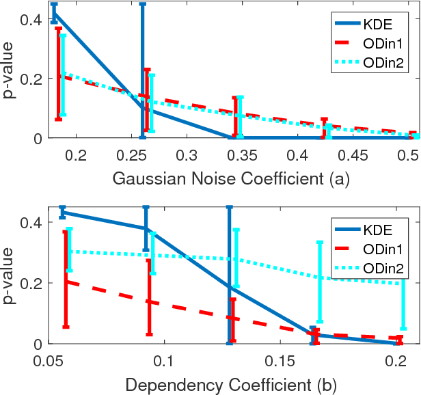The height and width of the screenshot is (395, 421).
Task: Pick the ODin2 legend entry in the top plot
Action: point(381,63)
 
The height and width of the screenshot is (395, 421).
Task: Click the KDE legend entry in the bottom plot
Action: point(377,229)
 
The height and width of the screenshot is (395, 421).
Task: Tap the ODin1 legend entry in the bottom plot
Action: point(381,249)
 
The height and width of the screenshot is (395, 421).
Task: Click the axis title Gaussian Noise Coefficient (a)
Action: point(232,180)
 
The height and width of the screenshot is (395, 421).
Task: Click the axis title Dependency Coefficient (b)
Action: point(232,385)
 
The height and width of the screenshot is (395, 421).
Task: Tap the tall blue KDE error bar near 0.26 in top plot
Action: point(143,68)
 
